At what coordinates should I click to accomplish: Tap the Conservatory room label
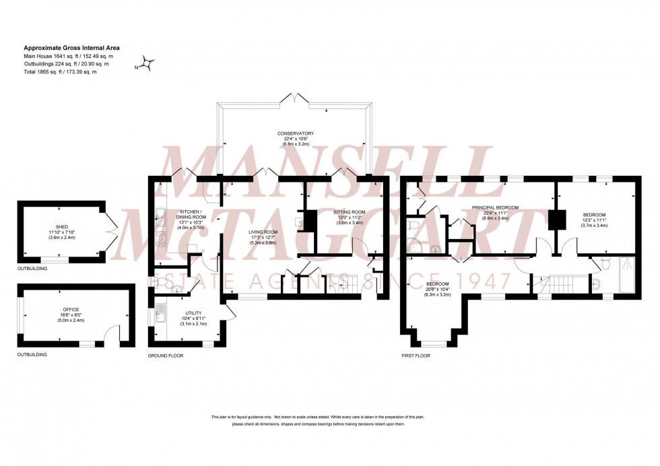pyautogui.click(x=296, y=133)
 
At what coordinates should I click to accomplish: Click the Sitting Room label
pyautogui.click(x=350, y=211)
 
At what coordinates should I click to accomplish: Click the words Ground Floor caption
pyautogui.click(x=166, y=355)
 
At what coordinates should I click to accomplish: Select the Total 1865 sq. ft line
pyautogui.click(x=61, y=71)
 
